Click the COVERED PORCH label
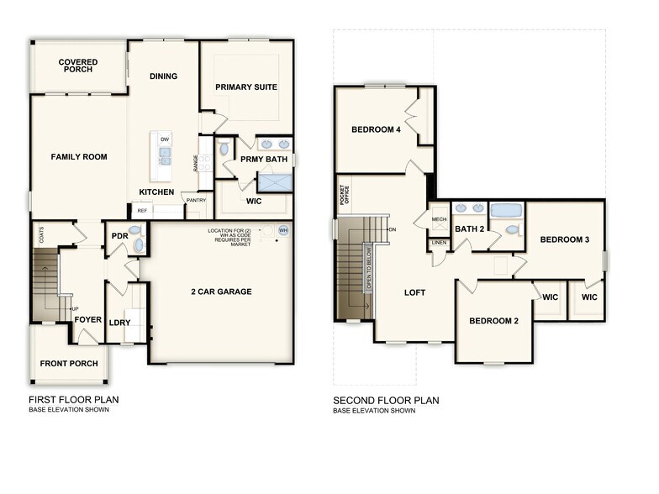[x=78, y=66]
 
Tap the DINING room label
[x=163, y=76]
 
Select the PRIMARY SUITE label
[x=245, y=87]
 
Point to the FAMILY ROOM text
[x=78, y=156]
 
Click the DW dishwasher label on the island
[x=165, y=139]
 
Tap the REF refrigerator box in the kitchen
[x=143, y=211]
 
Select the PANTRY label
[x=196, y=200]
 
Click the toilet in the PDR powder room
[x=138, y=244]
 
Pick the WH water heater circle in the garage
[x=283, y=230]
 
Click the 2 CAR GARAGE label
[x=222, y=292]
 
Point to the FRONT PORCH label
[x=71, y=363]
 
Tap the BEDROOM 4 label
[x=376, y=129]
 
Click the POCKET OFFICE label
[x=344, y=195]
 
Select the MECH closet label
[x=439, y=220]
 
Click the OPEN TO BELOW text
[x=368, y=268]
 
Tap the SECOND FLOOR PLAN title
[x=385, y=401]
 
